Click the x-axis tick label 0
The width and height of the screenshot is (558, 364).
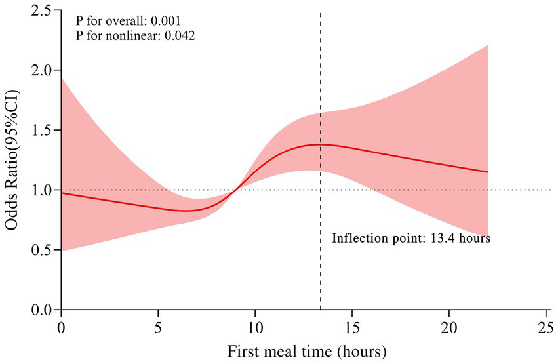click(61, 326)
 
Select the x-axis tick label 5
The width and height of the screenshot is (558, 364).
click(158, 326)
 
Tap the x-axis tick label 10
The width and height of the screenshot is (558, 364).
click(255, 326)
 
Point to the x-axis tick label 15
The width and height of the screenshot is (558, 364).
click(352, 326)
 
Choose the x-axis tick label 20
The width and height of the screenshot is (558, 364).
click(449, 326)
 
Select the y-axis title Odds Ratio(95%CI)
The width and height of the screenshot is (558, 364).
click(14, 159)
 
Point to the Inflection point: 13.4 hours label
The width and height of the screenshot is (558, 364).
click(411, 238)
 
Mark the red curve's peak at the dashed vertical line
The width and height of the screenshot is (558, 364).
click(320, 144)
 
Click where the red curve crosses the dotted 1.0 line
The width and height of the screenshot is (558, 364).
click(236, 190)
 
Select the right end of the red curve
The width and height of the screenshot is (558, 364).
click(488, 172)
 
